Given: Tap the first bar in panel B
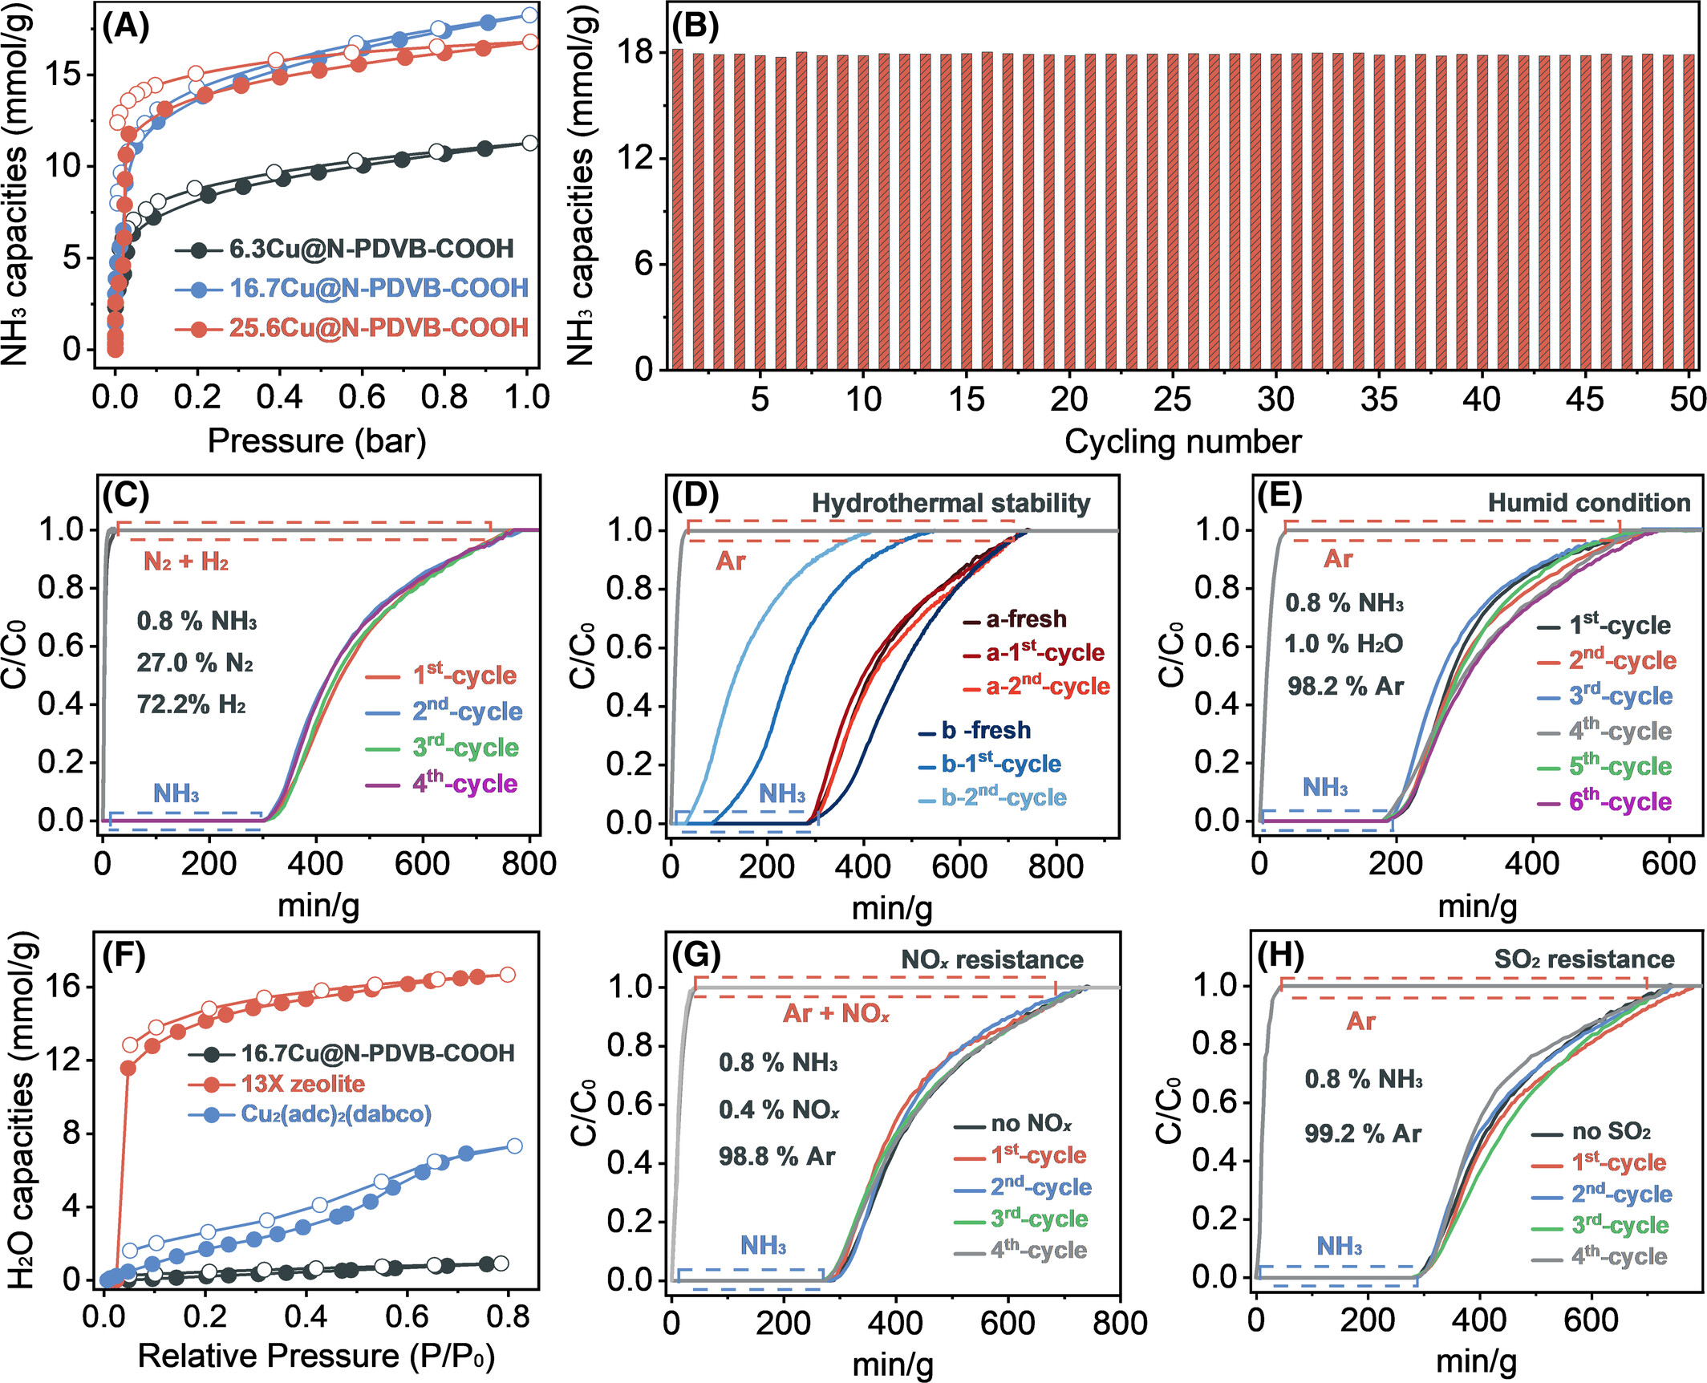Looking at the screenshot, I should coord(678,209).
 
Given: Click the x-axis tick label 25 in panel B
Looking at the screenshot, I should coord(1172,399).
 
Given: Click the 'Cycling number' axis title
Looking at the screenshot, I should coord(1182,441).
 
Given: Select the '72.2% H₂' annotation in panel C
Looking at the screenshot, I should coord(191,704).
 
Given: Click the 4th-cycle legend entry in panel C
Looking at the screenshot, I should coord(464,783).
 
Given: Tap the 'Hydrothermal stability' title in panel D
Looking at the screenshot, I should coord(951,503).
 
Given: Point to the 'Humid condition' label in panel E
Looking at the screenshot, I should coord(1588,503).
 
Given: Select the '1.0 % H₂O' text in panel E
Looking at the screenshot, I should coord(1344,643).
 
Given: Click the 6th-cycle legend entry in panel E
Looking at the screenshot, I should coord(1620,801).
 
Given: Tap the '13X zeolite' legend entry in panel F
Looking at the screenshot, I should coord(302,1084).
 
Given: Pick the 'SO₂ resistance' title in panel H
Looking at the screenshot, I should coord(1583,959).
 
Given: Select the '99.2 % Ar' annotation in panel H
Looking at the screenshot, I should coord(1362,1134).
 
